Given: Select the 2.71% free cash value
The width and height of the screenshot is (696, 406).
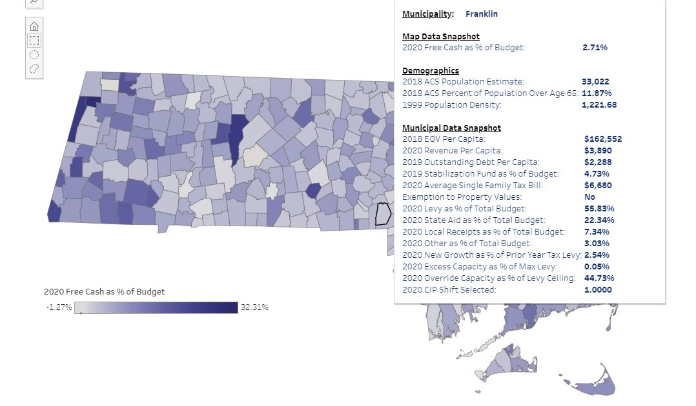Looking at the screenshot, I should point(595,47).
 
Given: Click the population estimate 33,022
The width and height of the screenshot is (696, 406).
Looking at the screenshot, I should point(595,82).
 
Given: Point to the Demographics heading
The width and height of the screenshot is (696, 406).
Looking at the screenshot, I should point(431,70).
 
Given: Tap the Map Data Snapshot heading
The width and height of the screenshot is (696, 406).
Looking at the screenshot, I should point(441,36).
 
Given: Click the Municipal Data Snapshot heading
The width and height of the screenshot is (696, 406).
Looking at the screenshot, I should point(451,128).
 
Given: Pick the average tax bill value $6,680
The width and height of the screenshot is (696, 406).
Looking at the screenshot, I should point(597,185).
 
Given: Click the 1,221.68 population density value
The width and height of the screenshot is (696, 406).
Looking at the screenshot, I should point(599,105).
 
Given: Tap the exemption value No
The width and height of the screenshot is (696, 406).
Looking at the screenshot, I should point(589,197).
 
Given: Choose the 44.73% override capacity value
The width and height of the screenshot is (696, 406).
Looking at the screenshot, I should point(599,278).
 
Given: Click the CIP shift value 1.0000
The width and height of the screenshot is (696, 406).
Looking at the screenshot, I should point(597,289).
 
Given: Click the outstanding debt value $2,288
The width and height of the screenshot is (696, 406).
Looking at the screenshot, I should point(597,162).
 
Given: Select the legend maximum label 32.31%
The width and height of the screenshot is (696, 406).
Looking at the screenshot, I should point(254,307).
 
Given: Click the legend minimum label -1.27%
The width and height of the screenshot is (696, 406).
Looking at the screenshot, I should point(59,307).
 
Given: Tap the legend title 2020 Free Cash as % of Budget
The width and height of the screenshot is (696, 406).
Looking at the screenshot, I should point(104,292).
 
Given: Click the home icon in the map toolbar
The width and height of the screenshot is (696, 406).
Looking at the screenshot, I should point(34,26).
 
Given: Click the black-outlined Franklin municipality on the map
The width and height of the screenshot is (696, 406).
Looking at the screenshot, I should point(384,213).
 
